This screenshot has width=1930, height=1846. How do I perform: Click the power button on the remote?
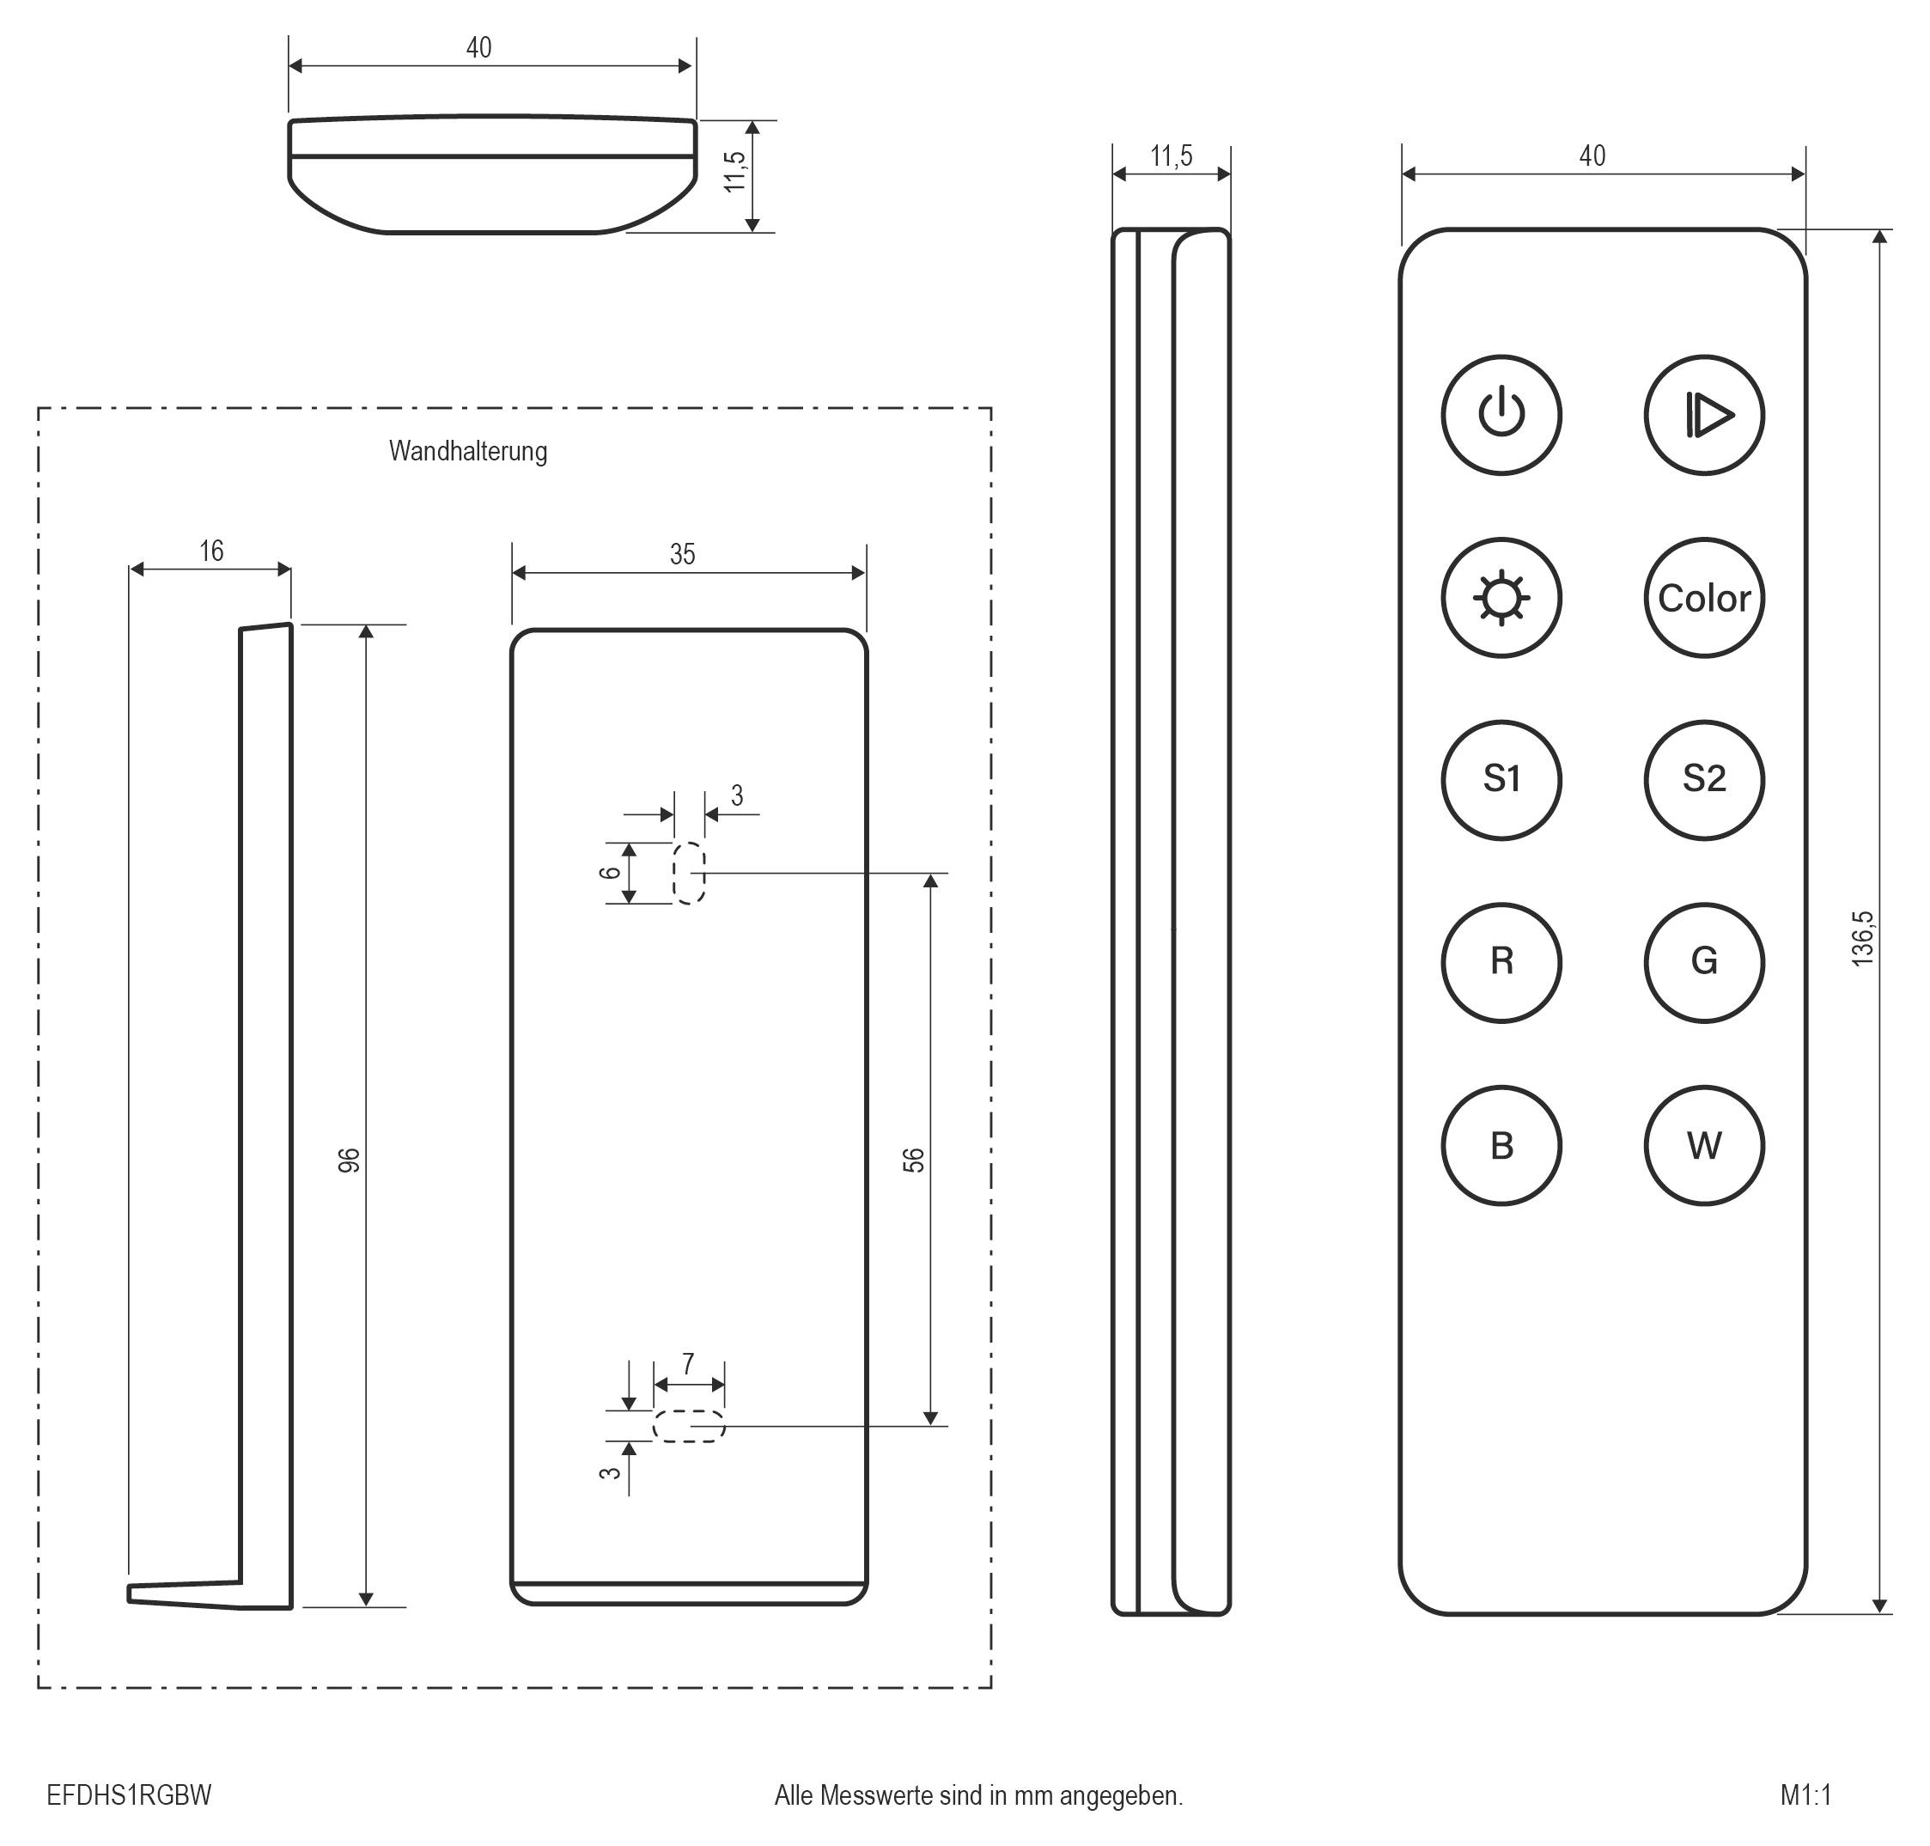coord(1501,415)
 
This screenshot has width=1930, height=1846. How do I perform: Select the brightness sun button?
coord(1501,597)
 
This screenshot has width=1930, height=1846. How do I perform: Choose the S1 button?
coord(1501,779)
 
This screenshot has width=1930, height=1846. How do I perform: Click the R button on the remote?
coord(1501,961)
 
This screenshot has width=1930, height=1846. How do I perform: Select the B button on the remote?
coord(1501,1145)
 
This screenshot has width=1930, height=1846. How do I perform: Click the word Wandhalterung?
coord(467,451)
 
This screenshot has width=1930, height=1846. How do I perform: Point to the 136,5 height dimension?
coord(1862,939)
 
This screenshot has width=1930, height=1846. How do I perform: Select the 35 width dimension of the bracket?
coord(682,555)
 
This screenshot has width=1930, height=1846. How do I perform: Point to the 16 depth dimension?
coord(211,551)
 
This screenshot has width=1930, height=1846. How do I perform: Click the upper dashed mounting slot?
coord(689,873)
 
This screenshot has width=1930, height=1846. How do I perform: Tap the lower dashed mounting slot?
coord(689,1426)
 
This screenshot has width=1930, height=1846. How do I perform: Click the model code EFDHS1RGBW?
coord(129,1796)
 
